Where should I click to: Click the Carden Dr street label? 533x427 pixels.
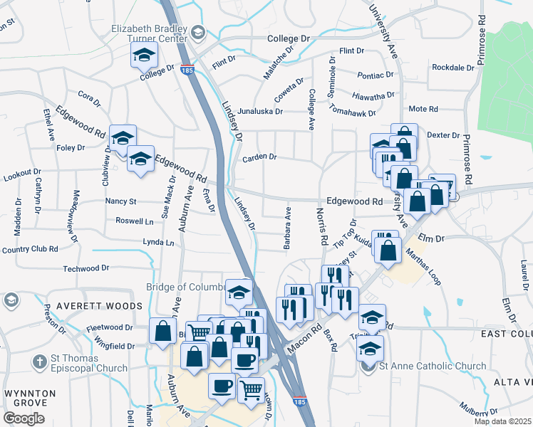259,157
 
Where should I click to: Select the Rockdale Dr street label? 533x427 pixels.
453,68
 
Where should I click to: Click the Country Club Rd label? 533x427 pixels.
29,249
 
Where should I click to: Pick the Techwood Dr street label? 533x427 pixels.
86,268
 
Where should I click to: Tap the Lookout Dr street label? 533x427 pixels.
21,172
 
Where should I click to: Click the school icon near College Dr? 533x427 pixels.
143,54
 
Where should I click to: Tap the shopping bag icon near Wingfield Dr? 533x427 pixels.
163,330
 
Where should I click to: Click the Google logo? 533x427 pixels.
24,418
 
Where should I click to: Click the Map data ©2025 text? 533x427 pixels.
503,421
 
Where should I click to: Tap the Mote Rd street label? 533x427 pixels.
423,109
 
